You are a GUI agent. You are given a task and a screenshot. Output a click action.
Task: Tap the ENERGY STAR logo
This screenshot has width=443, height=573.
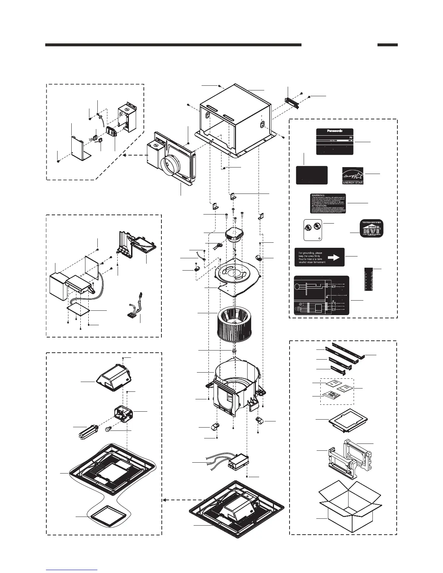click(x=353, y=175)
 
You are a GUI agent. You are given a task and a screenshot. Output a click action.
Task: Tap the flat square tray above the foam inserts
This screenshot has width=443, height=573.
click(x=348, y=420)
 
